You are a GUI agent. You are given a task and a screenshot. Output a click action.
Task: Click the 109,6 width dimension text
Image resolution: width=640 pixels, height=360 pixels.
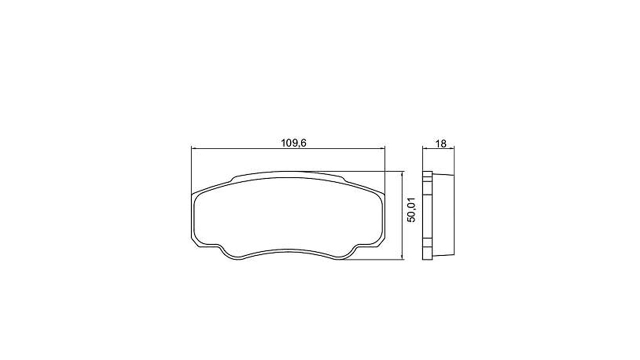293,143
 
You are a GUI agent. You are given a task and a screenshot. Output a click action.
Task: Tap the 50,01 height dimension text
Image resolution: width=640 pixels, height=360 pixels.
411,209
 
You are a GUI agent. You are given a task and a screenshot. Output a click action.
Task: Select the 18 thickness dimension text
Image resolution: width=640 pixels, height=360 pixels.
440,143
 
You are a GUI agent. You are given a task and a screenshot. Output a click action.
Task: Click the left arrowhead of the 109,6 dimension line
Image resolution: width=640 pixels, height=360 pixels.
194,148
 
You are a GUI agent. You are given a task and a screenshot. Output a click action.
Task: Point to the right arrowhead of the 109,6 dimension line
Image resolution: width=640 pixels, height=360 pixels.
381,148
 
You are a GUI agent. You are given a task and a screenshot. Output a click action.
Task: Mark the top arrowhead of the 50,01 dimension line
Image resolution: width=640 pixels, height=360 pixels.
402,174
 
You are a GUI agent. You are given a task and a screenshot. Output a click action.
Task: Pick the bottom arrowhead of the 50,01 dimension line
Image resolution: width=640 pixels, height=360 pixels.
402,256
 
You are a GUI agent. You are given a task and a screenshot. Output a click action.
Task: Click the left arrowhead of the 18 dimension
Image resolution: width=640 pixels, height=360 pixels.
425,148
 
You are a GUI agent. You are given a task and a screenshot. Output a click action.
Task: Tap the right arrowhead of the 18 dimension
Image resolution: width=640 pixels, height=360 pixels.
451,148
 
